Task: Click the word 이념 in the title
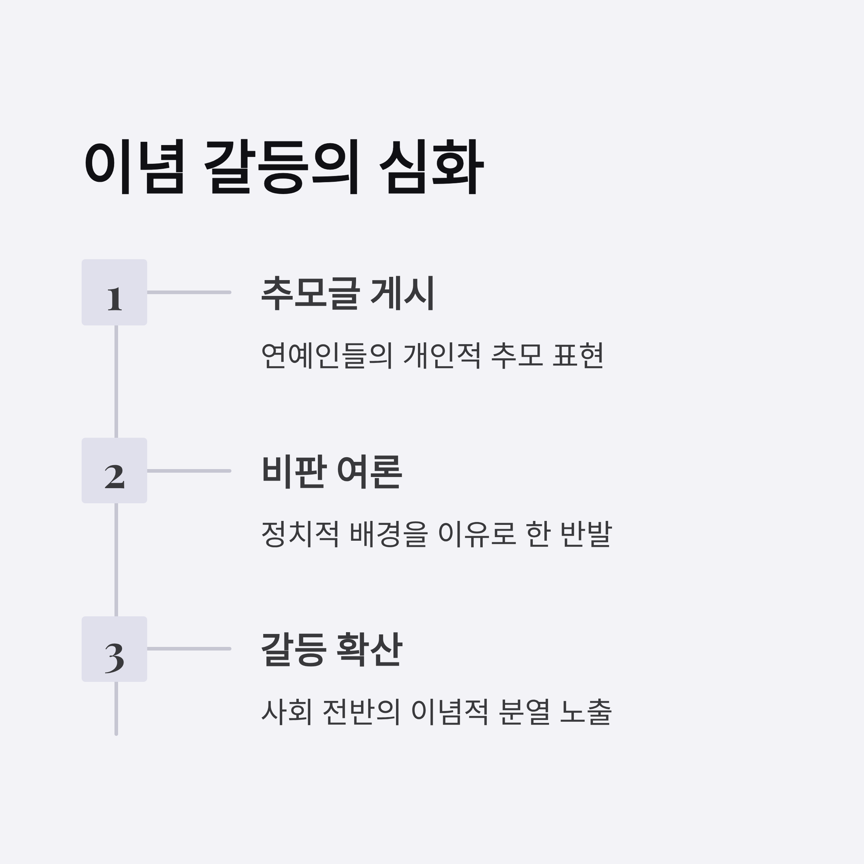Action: (134, 166)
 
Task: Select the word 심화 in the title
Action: (431, 166)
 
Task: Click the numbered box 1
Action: (114, 292)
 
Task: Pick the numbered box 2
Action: (114, 471)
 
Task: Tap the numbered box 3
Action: (114, 649)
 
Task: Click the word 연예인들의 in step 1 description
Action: (327, 356)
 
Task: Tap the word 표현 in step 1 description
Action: (578, 356)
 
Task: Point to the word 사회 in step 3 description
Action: (287, 711)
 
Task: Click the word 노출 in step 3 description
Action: (585, 711)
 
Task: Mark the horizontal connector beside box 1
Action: (189, 292)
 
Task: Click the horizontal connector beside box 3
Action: (189, 648)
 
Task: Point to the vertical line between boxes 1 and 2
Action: (116, 382)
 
